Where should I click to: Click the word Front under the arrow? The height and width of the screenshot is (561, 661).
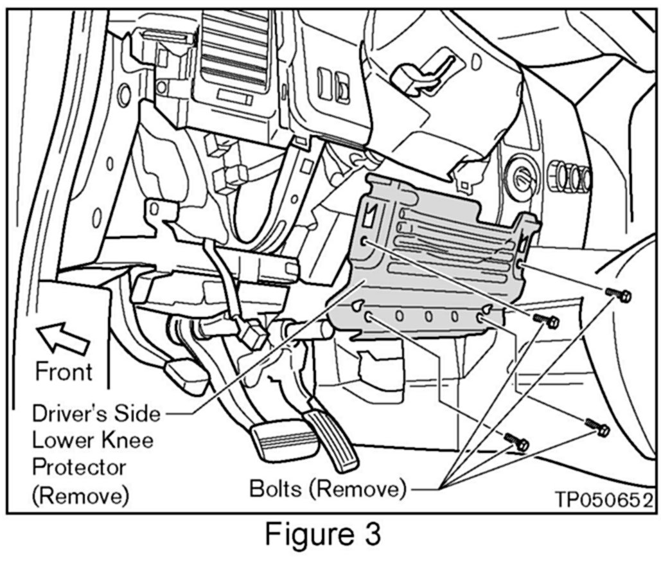coord(63,371)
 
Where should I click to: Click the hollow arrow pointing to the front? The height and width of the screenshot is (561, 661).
coord(62,337)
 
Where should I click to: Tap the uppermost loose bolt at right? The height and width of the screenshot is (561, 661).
coord(619,295)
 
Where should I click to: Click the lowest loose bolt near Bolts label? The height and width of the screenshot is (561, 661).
coord(517,442)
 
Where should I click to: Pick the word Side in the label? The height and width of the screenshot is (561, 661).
coord(141,413)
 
